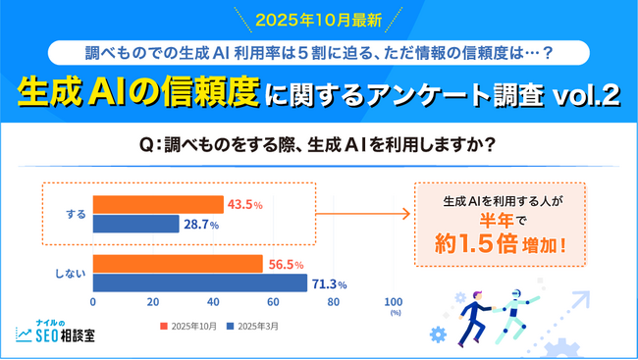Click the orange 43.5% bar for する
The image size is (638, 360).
click(x=158, y=204)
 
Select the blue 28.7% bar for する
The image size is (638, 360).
click(x=135, y=224)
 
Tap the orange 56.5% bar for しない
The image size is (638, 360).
click(x=178, y=265)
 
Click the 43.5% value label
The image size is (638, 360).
click(x=243, y=204)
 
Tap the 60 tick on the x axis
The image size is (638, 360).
click(x=273, y=302)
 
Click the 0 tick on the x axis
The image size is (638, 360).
click(x=93, y=302)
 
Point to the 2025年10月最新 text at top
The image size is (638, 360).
click(x=319, y=20)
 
